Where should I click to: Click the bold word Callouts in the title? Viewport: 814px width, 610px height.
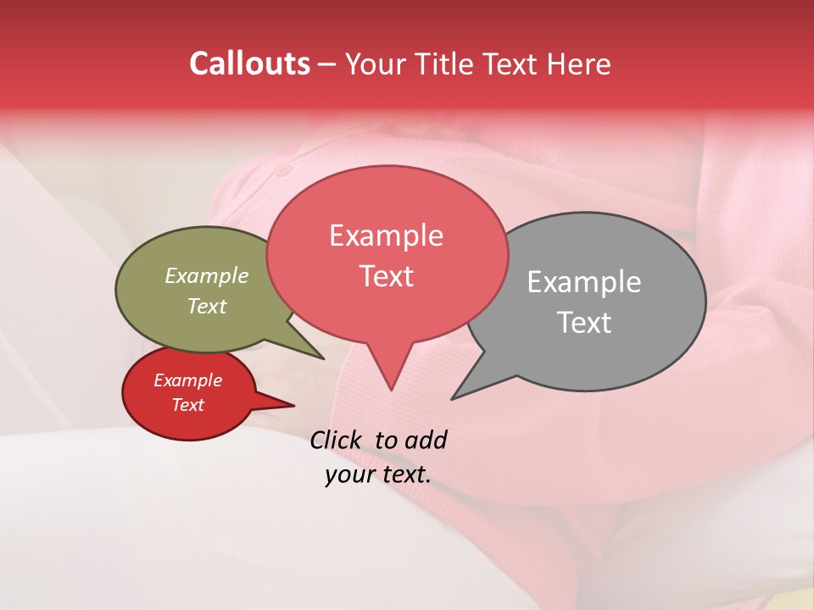point(249,64)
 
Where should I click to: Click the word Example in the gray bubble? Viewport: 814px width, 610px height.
point(584,282)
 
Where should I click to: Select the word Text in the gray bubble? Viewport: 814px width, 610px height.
point(584,323)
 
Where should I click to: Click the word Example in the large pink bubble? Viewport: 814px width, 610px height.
point(387,235)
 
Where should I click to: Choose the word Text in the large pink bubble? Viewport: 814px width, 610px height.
point(387,276)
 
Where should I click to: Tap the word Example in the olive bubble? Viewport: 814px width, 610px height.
point(207,276)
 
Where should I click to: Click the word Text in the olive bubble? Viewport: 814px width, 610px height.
point(207,307)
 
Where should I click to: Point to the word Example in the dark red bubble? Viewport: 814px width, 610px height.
point(187,380)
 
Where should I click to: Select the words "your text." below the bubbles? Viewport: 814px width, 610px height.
point(378,475)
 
